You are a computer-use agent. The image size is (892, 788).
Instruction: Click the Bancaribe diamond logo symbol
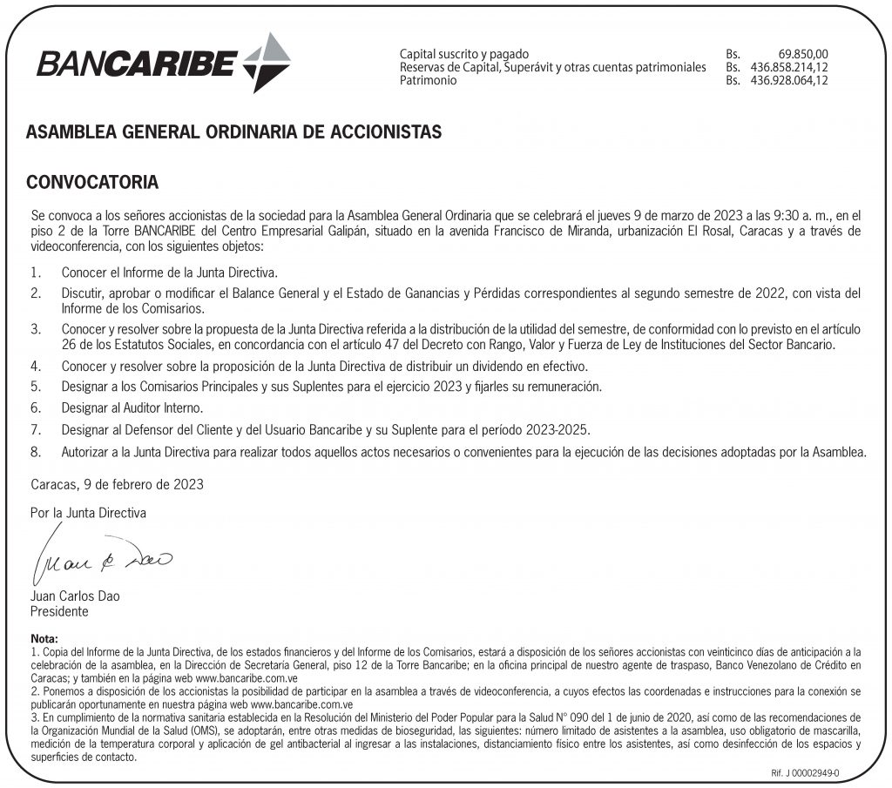(x=267, y=62)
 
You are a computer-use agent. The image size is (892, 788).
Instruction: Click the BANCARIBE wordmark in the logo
(x=137, y=64)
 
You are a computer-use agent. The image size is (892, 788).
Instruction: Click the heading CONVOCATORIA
(x=92, y=183)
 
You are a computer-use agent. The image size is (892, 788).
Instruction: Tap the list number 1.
(x=36, y=273)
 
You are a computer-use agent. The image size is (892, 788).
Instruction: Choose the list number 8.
(x=36, y=452)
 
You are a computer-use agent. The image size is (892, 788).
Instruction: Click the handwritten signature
(x=104, y=556)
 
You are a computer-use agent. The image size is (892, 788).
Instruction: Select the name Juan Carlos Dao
(x=75, y=596)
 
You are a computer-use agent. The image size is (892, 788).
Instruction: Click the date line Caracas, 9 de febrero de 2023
(x=118, y=483)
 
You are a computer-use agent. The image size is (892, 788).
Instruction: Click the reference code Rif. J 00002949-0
(x=806, y=772)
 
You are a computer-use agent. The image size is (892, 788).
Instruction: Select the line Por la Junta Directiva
(x=88, y=513)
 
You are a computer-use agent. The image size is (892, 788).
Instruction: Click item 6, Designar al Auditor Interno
(x=133, y=407)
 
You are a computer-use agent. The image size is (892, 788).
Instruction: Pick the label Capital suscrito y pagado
(x=463, y=54)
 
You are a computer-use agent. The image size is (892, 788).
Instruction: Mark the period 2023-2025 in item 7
(x=560, y=430)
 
